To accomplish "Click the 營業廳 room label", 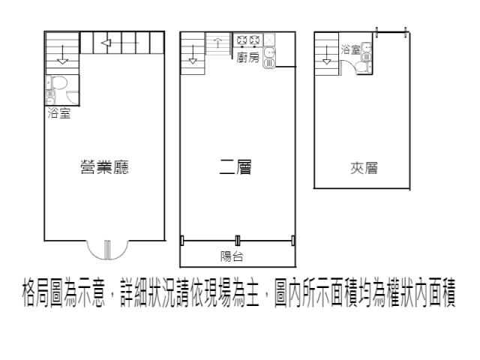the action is click(x=105, y=167).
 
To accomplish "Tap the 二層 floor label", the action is click(x=235, y=167).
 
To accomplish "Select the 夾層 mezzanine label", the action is click(x=364, y=168).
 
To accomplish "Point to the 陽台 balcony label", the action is click(x=232, y=256).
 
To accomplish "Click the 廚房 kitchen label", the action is click(x=248, y=57).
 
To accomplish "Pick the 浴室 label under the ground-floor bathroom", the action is click(x=59, y=113).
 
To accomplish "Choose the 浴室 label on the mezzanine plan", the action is click(x=351, y=49).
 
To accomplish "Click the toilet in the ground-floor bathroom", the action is click(x=58, y=82).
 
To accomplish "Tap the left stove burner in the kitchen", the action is click(x=241, y=40).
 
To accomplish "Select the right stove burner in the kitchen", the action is click(x=254, y=40).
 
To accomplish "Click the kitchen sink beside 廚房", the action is click(x=269, y=57).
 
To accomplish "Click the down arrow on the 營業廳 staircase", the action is click(x=62, y=55).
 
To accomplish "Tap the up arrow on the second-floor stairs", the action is click(x=217, y=43).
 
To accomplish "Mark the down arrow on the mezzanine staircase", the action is click(x=327, y=55).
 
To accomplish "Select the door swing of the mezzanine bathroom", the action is click(x=349, y=65).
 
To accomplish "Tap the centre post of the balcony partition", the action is click(x=238, y=240).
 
